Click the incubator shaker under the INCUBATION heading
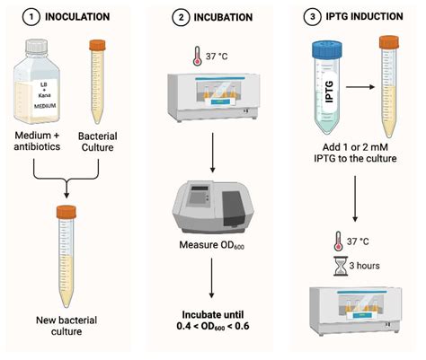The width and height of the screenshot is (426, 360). tap(214, 101)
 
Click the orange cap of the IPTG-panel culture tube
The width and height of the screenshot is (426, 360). tap(389, 40)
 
